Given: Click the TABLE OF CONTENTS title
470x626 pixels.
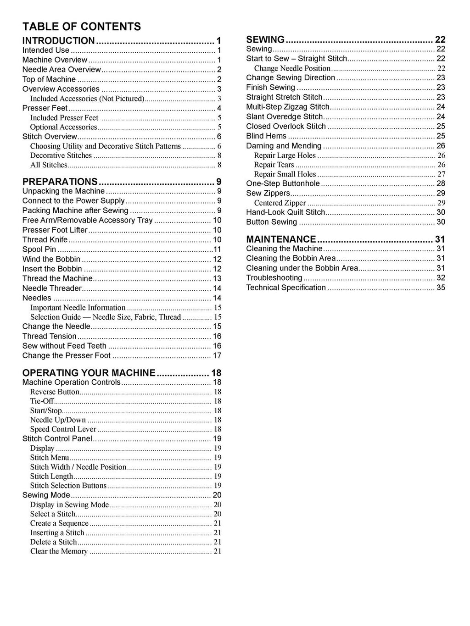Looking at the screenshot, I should click(82, 26).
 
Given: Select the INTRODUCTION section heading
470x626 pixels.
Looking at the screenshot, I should click(59, 40).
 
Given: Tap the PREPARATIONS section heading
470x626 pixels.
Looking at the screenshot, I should click(60, 182).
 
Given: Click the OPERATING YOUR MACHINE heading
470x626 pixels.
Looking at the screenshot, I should click(89, 372).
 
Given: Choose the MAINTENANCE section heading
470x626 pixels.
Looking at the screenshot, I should click(281, 239).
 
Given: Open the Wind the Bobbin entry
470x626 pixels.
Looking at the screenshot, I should click(51, 259).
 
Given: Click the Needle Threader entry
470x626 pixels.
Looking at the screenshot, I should click(52, 288).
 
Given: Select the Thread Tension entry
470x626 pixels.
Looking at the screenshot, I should click(50, 336).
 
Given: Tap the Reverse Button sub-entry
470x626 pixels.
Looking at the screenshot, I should click(55, 392).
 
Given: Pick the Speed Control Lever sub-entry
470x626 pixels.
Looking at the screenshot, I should click(63, 429).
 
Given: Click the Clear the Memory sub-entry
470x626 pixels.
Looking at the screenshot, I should click(59, 551).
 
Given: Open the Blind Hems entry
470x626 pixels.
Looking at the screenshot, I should click(266, 136).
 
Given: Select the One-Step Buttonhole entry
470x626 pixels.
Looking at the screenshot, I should click(283, 183).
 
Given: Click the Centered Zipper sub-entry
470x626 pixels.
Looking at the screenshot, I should click(280, 203).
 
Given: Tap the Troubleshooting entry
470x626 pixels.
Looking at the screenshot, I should click(274, 278).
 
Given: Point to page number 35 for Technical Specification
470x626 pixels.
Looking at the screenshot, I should click(441, 288).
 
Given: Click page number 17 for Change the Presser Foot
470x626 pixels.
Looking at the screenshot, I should click(217, 356).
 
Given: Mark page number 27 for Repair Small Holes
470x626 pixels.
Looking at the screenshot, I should click(441, 174).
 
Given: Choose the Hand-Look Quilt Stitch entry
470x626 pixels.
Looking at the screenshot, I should click(285, 212).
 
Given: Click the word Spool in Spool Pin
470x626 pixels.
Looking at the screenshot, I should click(33, 249).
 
